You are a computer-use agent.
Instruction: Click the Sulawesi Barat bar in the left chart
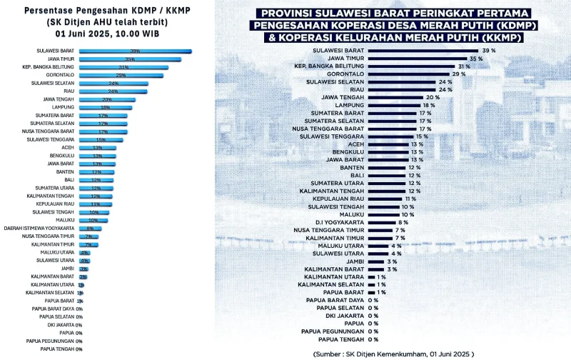[x=135, y=51]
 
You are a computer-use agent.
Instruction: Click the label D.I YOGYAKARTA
[x=343, y=222]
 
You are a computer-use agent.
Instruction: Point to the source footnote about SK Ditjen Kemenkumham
[x=393, y=353]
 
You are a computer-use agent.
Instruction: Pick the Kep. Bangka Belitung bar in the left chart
[x=123, y=67]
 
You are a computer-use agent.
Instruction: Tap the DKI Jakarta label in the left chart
[x=61, y=325]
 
